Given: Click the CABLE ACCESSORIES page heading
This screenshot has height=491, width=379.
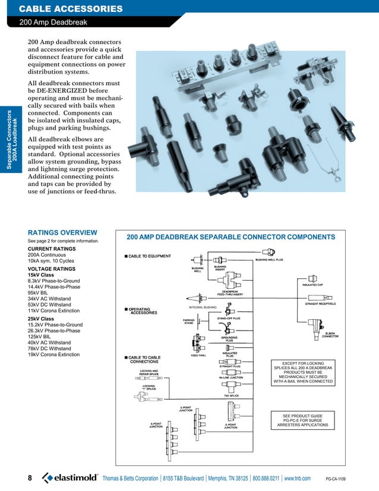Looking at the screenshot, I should [x=71, y=8].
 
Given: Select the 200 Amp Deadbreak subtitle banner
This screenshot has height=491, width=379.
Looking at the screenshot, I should [x=53, y=22].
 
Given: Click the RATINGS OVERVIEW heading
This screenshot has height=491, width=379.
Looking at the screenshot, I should [x=62, y=232].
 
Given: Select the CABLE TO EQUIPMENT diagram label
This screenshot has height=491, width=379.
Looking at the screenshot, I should [x=150, y=256].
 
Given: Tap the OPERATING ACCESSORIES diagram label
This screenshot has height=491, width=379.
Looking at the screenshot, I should [x=143, y=311].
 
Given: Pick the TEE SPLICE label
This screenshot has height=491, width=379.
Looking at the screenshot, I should [x=231, y=395].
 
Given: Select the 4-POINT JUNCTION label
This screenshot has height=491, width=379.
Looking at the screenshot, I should [x=156, y=426].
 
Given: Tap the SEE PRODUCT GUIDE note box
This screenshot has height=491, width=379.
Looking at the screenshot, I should [x=303, y=420].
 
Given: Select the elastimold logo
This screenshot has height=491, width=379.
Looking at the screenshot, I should [x=69, y=479].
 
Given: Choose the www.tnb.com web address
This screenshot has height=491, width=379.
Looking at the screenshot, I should [x=298, y=479].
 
